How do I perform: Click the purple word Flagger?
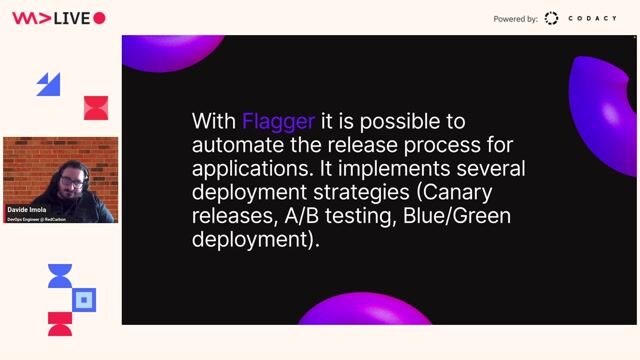click(x=278, y=122)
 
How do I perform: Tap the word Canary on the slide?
click(x=456, y=192)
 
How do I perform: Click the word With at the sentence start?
click(x=214, y=122)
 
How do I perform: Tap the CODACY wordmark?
click(x=593, y=19)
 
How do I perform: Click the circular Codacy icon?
click(x=551, y=19)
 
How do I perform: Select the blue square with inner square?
click(x=85, y=299)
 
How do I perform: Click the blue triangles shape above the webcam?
click(x=49, y=84)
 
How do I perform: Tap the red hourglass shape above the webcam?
click(x=95, y=107)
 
